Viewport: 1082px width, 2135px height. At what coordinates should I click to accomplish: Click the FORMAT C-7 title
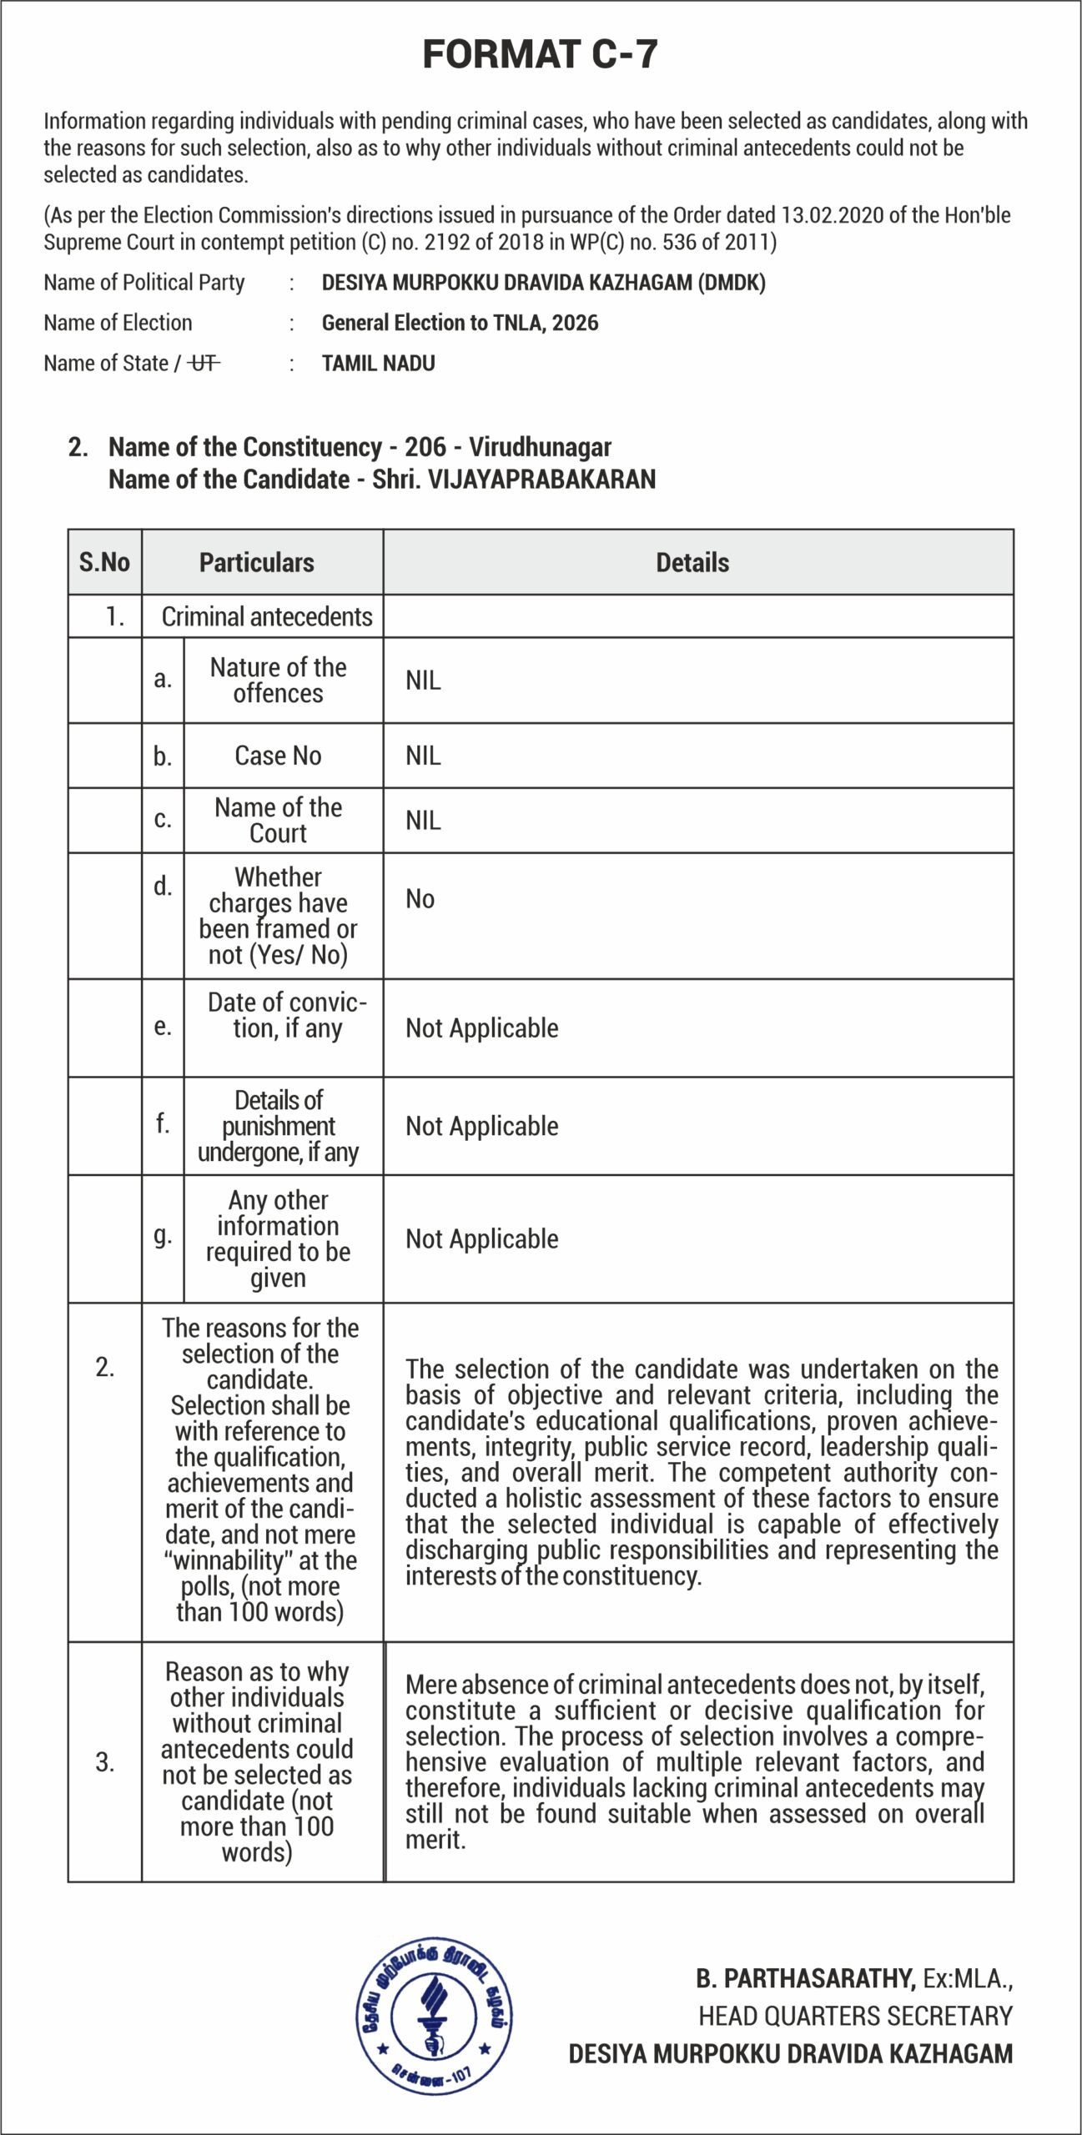(x=540, y=54)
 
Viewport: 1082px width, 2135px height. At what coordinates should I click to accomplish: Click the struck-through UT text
(x=204, y=364)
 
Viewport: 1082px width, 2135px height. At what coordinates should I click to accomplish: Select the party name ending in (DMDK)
(x=543, y=283)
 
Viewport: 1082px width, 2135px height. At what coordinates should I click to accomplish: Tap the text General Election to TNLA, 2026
(x=460, y=323)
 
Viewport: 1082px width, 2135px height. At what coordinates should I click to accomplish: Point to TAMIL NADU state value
(x=378, y=364)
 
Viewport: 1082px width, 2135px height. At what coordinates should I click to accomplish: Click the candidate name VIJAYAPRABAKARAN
(x=541, y=480)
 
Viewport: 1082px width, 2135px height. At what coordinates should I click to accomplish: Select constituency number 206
(x=425, y=447)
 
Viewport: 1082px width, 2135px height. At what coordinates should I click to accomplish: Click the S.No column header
(x=104, y=562)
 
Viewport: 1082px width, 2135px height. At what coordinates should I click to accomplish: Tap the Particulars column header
(x=256, y=562)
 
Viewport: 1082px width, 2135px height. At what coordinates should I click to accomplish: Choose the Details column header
(x=692, y=562)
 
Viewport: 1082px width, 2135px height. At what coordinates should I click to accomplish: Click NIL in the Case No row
(x=423, y=756)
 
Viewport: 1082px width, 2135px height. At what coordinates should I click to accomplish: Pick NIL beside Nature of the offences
(x=423, y=681)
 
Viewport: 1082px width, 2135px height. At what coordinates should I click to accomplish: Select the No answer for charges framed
(x=420, y=899)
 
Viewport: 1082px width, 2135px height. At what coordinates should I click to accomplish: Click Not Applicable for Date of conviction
(x=481, y=1028)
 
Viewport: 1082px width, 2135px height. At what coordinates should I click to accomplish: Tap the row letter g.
(x=163, y=1234)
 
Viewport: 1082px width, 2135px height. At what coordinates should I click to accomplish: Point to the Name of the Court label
(x=278, y=820)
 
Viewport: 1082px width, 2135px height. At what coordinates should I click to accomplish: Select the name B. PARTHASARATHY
(x=806, y=1978)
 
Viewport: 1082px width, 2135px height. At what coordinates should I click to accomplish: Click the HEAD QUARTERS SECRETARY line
(x=855, y=2016)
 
